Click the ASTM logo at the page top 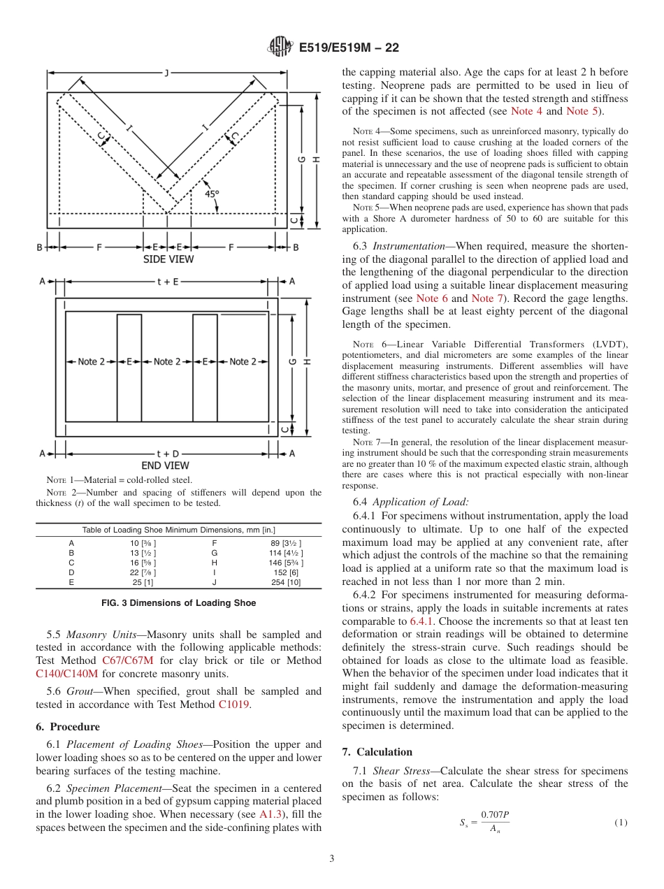click(x=280, y=48)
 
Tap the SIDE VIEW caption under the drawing click(x=168, y=259)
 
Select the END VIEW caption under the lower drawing click(x=166, y=465)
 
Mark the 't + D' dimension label click(x=166, y=453)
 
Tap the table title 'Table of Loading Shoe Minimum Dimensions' click(x=178, y=530)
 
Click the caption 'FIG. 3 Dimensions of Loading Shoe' click(x=178, y=602)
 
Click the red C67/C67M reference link click(x=128, y=660)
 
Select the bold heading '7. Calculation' click(x=377, y=752)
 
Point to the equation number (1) click(x=621, y=823)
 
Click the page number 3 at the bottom click(x=332, y=859)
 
